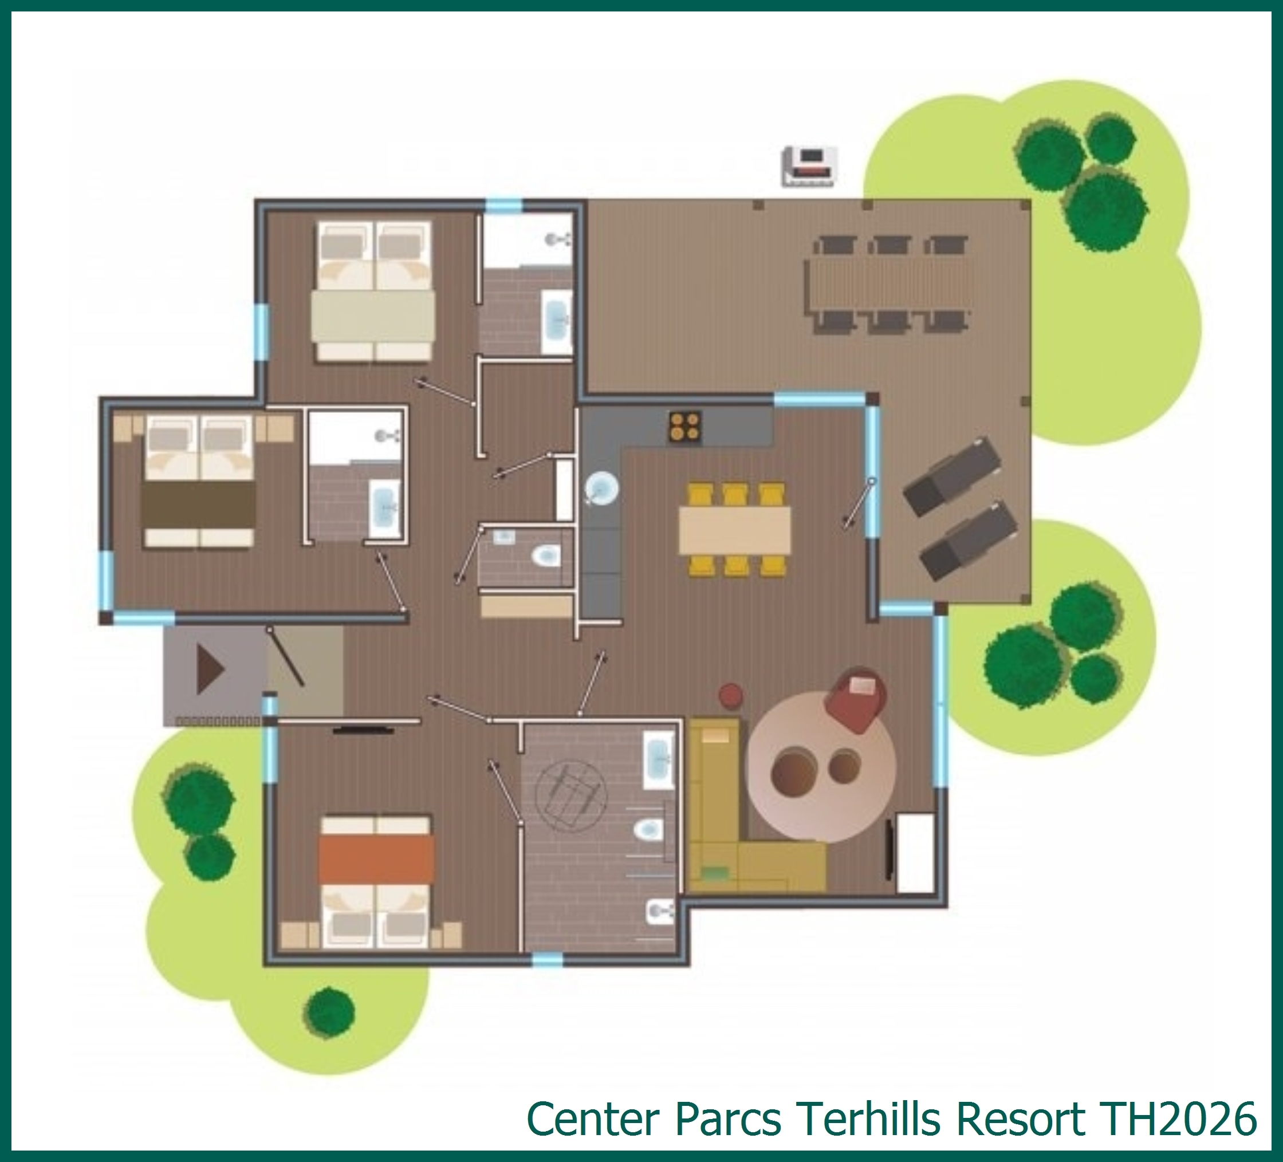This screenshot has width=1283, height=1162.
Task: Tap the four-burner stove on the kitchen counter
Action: [686, 426]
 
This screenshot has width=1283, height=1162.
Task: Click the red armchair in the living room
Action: [855, 698]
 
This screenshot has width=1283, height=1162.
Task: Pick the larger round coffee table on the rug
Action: [794, 771]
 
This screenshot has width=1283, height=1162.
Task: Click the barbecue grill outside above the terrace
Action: [808, 167]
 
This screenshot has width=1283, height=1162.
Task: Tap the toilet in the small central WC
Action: [546, 556]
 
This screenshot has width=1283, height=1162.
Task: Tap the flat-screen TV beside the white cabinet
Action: [889, 849]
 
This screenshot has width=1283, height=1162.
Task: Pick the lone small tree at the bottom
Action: [329, 1012]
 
